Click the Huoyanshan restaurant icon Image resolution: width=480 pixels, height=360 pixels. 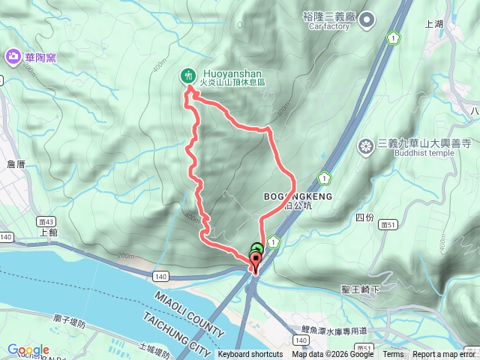[x=187, y=75]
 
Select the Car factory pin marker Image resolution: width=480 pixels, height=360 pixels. [x=366, y=21]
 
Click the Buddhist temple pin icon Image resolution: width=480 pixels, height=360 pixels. [x=366, y=145]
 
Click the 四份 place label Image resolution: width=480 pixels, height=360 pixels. [x=364, y=217]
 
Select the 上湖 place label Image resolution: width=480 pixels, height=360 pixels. [x=434, y=23]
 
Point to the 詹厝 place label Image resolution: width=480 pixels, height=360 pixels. [x=16, y=163]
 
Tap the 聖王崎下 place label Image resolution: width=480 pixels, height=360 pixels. [x=361, y=289]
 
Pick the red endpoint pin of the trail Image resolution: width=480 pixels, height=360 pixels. [x=254, y=262]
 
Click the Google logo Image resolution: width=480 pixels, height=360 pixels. [x=28, y=350]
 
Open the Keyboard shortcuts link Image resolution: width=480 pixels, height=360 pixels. [x=250, y=355]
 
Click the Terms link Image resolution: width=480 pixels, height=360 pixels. [x=393, y=355]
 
